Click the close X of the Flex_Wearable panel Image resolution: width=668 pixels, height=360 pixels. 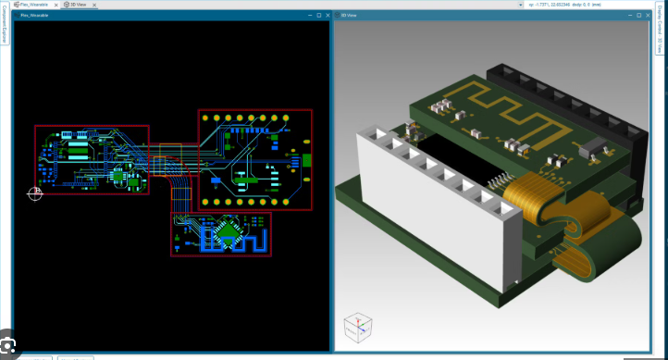tap(326, 15)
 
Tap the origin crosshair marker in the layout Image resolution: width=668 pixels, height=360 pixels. tap(35, 192)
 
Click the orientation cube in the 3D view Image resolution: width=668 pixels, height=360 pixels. tap(357, 327)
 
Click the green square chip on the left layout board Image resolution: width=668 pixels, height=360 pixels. tap(118, 175)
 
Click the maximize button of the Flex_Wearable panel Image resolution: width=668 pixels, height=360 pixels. tap(317, 15)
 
